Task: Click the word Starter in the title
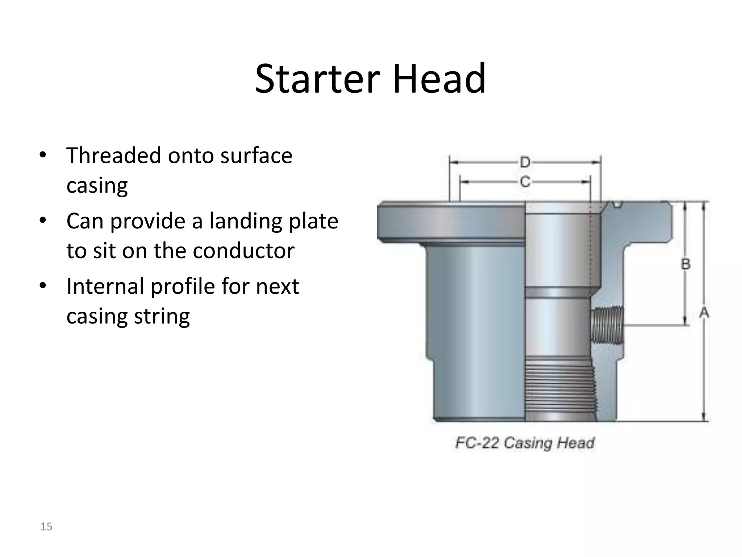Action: click(x=317, y=79)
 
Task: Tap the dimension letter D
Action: click(x=525, y=162)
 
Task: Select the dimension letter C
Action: click(x=525, y=181)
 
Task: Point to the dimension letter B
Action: click(x=685, y=264)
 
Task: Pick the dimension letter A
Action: click(x=704, y=313)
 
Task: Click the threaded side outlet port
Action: click(x=607, y=325)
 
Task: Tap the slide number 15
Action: click(x=46, y=527)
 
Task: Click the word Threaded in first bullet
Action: click(x=114, y=156)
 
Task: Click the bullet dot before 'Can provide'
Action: click(x=43, y=220)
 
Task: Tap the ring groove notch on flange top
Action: click(x=618, y=205)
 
